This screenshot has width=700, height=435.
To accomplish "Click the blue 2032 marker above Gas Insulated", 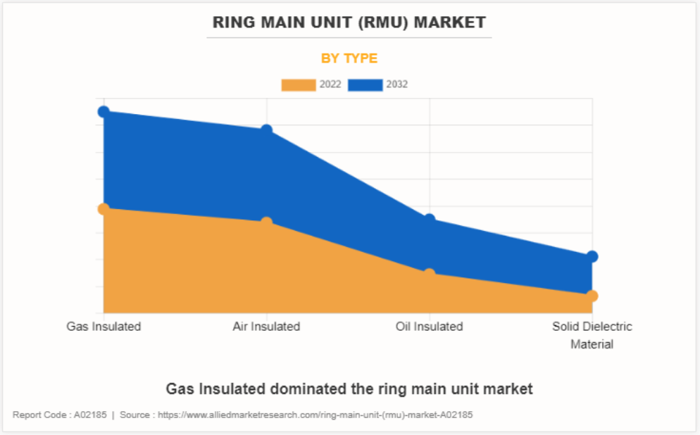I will click(x=104, y=112).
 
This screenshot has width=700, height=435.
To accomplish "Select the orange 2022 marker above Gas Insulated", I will click(x=104, y=209).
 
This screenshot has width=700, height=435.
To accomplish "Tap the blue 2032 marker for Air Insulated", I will click(x=267, y=130).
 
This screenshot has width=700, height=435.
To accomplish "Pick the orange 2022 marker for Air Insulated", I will click(x=267, y=222).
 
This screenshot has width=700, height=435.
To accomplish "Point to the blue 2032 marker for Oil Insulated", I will click(x=430, y=220).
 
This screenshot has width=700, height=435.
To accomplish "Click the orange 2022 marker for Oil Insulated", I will click(x=430, y=273).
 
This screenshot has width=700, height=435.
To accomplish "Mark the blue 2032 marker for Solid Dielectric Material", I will click(x=592, y=256).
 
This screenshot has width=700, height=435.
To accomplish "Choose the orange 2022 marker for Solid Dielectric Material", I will click(x=592, y=296).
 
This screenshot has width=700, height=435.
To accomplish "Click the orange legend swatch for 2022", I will click(x=299, y=84).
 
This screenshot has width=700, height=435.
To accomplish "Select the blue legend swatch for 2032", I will click(x=365, y=84).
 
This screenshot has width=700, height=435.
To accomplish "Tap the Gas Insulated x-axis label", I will click(x=104, y=327).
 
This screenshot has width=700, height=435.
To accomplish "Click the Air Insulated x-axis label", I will click(x=267, y=327).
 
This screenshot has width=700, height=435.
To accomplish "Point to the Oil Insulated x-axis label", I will click(x=430, y=327).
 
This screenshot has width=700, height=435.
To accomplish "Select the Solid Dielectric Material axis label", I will click(x=592, y=335).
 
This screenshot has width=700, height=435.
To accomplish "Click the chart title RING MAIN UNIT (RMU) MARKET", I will click(x=350, y=23).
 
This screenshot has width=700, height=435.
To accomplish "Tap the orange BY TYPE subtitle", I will click(x=349, y=58).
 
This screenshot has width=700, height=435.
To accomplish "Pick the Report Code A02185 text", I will click(x=60, y=415).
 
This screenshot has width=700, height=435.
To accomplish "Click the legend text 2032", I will click(x=396, y=84).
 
